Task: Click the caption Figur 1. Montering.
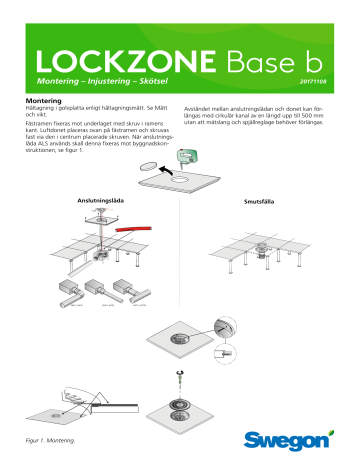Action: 49,439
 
